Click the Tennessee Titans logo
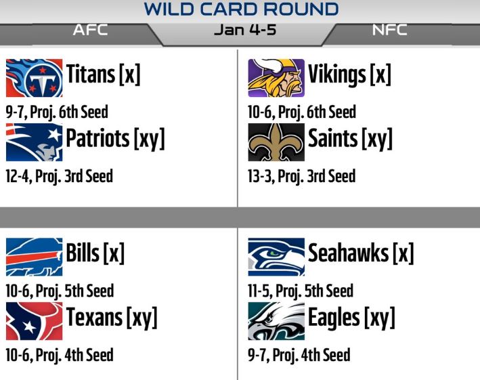(35, 78)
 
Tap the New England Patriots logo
(35, 142)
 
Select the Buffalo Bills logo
(35, 257)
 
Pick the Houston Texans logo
(35, 321)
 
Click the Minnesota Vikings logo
(276, 78)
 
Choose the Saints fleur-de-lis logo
(276, 142)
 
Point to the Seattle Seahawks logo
(276, 257)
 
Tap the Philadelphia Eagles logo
(276, 321)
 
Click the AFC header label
(90, 30)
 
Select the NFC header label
(389, 30)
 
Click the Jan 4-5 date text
(245, 30)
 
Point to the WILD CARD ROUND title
(241, 9)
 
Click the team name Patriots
(97, 138)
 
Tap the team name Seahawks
(349, 253)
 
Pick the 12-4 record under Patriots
(18, 176)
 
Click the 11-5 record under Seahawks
(260, 291)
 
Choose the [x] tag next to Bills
(114, 253)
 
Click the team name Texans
(94, 317)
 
